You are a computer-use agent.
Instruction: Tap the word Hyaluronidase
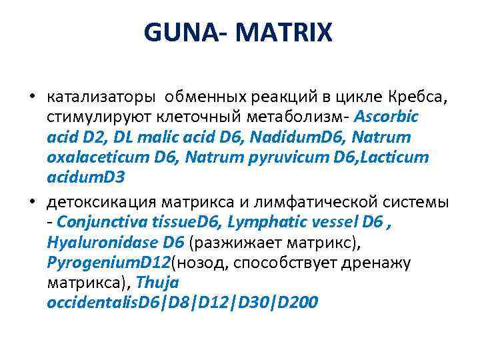point(99,242)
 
